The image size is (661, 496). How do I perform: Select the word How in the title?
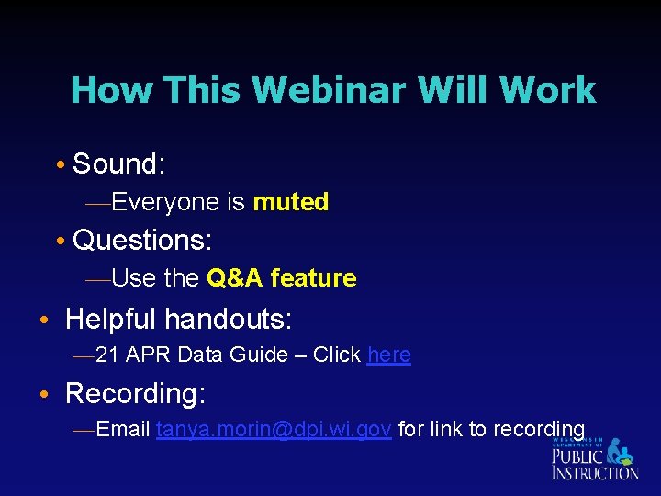pos(100,90)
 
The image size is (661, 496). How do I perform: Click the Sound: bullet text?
pos(118,164)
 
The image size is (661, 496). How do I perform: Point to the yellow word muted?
pos(290,202)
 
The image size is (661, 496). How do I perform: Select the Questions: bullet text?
pos(142,241)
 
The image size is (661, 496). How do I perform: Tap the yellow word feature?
pos(313,278)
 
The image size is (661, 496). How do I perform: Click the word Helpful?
pos(111,320)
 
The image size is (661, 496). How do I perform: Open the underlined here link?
pos(388,355)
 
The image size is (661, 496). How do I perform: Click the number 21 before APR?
pos(106,355)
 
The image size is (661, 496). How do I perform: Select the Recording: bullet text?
pos(136,394)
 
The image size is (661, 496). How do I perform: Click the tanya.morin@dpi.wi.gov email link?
pos(274,429)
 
